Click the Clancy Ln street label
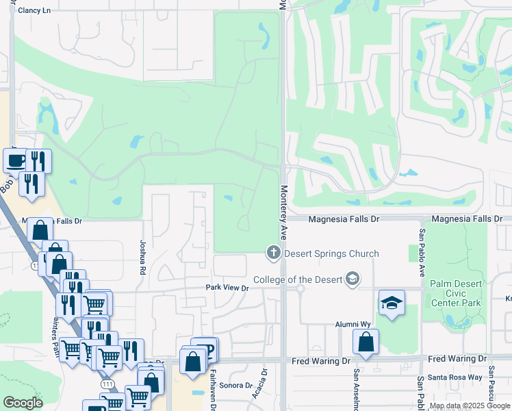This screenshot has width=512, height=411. [x=34, y=10]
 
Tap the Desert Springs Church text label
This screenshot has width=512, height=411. [x=331, y=253]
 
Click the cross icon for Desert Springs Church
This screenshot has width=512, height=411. [x=273, y=253]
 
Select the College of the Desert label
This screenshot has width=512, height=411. [x=298, y=279]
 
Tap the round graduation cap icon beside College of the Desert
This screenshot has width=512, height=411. [x=352, y=279]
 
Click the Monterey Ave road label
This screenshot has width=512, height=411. [x=283, y=208]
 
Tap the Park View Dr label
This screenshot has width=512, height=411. [x=227, y=288]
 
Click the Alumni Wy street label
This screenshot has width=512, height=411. [x=352, y=324]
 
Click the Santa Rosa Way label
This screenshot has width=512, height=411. [x=455, y=377]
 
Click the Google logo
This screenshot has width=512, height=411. [x=23, y=403]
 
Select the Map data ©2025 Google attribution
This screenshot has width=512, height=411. [x=470, y=406]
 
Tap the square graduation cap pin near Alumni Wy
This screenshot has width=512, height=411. [x=392, y=303]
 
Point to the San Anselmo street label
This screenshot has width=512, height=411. [x=356, y=390]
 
